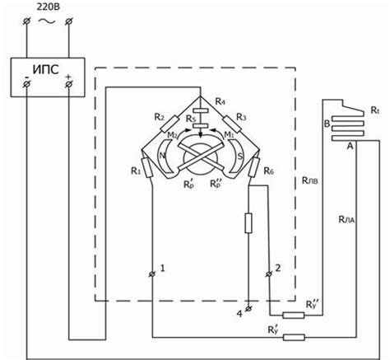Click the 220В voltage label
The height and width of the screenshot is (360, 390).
(49, 7)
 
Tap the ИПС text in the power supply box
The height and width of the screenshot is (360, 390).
(46, 69)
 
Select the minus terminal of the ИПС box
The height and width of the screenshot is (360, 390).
(26, 84)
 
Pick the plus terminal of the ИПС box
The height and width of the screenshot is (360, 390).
(68, 84)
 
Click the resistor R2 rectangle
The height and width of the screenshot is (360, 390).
(169, 124)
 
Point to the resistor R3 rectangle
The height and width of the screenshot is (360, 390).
(232, 124)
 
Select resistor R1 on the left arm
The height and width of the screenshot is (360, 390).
(146, 168)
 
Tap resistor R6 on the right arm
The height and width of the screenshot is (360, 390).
(254, 167)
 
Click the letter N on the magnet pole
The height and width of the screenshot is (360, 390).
(162, 156)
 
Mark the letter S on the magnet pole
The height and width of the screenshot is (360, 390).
(240, 157)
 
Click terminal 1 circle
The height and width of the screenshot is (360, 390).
(151, 274)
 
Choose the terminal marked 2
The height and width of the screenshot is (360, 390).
(269, 274)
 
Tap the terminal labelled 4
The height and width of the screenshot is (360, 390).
(248, 309)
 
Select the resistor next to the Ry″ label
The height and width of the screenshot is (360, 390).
(294, 316)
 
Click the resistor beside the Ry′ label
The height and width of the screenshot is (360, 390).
(294, 337)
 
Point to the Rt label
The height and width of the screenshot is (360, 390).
(375, 110)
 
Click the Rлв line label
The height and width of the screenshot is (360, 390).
(310, 180)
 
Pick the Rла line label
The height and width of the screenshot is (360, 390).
(346, 219)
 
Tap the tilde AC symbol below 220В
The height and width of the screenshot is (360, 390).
(47, 21)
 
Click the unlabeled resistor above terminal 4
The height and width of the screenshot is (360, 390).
(248, 223)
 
